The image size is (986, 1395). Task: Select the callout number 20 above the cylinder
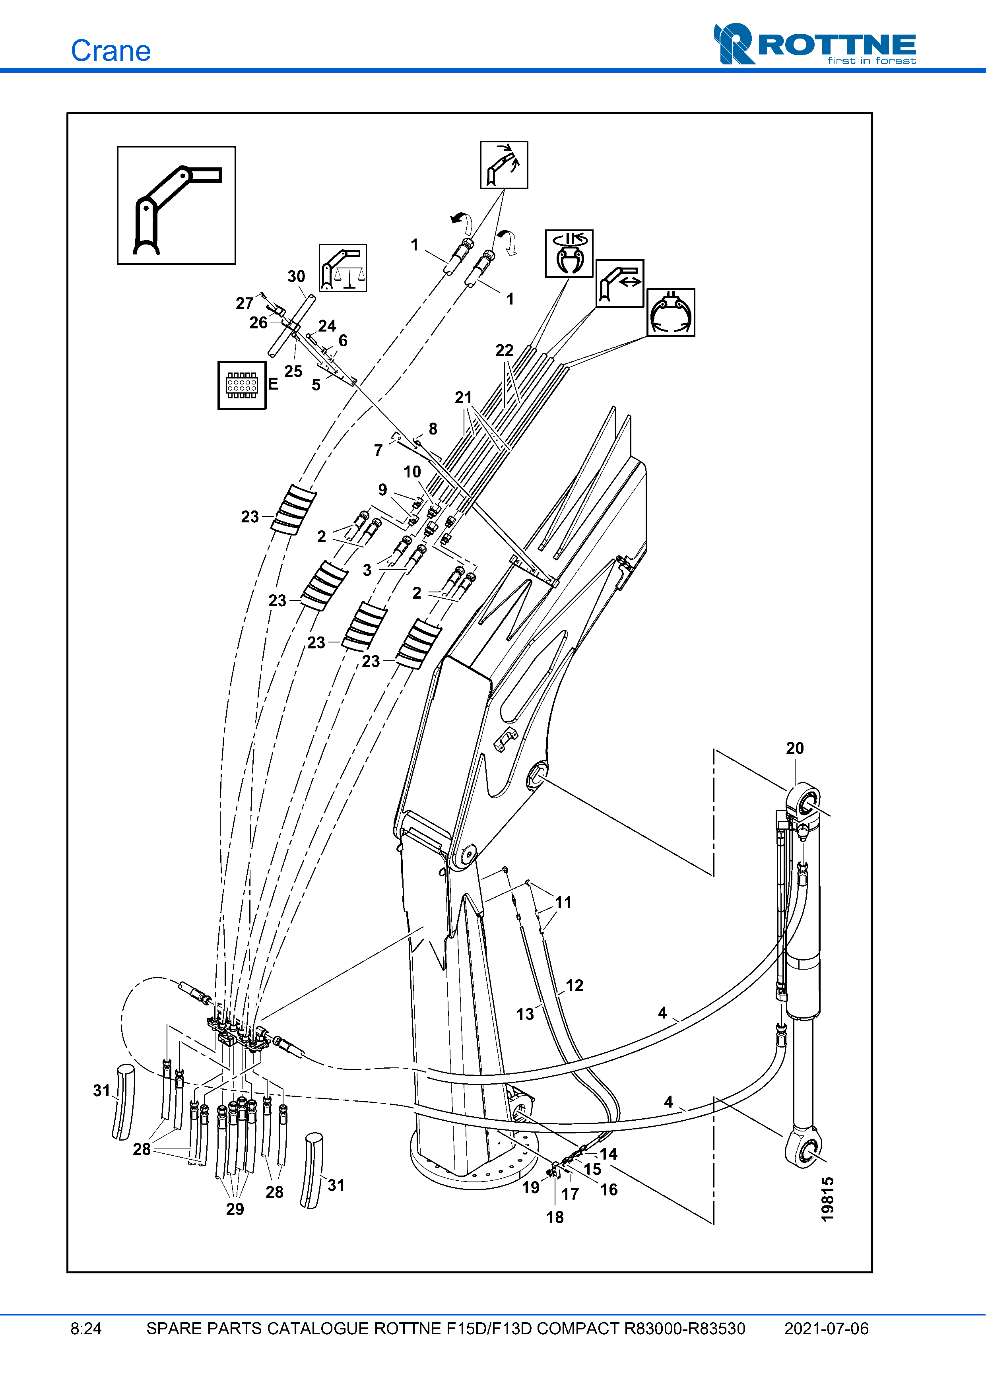click(x=795, y=749)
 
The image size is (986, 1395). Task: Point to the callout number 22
click(x=504, y=351)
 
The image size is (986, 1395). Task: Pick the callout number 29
click(x=235, y=1209)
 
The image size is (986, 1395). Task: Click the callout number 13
click(x=525, y=1014)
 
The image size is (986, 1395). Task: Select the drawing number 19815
click(x=827, y=1199)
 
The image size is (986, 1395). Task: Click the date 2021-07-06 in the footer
click(x=826, y=1329)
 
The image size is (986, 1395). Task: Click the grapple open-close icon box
click(x=671, y=312)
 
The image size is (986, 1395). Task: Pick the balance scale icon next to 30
click(x=343, y=268)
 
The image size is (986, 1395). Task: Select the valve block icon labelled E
click(x=242, y=385)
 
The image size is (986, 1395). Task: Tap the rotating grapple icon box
click(x=569, y=253)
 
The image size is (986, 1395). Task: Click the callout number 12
click(x=574, y=986)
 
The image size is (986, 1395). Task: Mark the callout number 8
click(x=433, y=429)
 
